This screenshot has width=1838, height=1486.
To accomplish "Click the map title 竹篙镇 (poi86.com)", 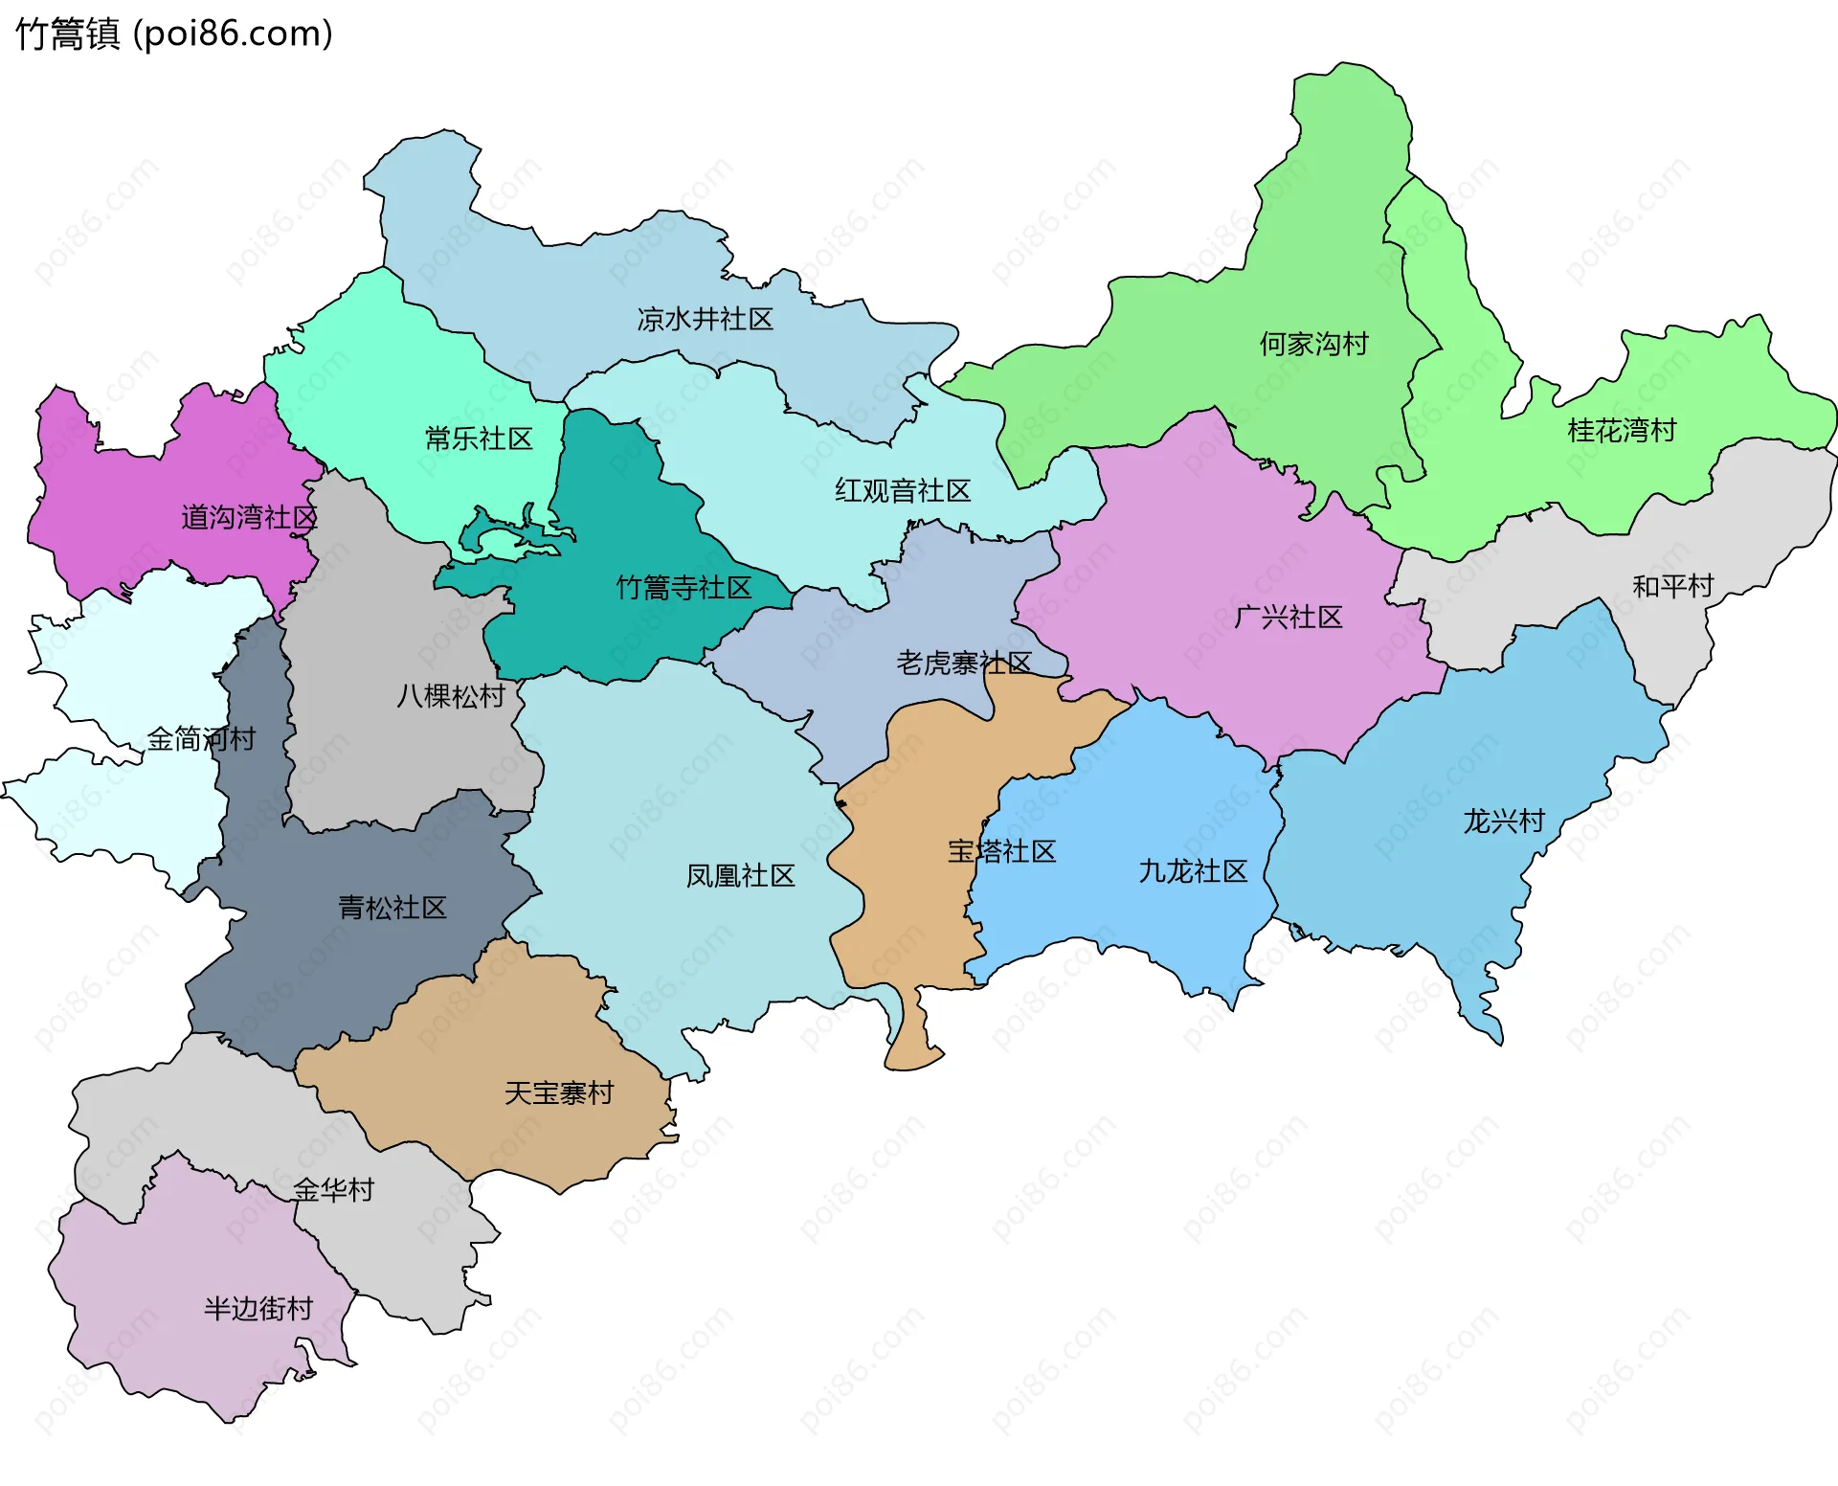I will point(174,34).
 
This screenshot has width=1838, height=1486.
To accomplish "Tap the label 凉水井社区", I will point(705,319).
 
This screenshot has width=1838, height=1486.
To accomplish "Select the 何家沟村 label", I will point(1313,344).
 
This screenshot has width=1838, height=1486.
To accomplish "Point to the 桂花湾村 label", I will point(1622,431).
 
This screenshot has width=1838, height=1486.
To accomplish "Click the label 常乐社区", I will point(479,439).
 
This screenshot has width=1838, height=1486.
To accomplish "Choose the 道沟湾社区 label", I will point(249,518).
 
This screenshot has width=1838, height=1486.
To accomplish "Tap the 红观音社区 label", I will point(903,491).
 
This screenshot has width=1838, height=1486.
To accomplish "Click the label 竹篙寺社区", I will point(684,588).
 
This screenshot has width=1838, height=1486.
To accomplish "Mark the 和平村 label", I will point(1672,586).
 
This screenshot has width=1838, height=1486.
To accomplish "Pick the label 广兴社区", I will point(1289,617).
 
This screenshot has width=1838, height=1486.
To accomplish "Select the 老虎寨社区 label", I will point(963,663).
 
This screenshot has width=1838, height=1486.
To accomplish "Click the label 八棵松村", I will point(451,696).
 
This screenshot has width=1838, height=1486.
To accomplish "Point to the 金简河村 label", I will point(201,739).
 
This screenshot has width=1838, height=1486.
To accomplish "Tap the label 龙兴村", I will point(1504,822).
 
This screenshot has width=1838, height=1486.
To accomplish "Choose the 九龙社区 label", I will point(1193,871).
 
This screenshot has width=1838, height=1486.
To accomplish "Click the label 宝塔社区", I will point(1001,851).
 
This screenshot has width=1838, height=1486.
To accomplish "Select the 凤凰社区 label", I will point(740,876).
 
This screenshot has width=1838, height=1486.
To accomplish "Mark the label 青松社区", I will point(392,908).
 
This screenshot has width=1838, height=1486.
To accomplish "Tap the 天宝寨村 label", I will point(559,1093).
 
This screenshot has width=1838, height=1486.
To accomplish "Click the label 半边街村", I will point(258,1309).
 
